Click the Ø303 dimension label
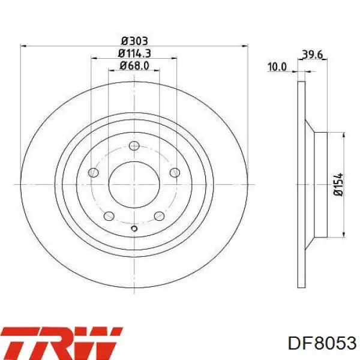tap(134, 41)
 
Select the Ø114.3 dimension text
tap(134, 53)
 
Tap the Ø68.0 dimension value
tap(134, 66)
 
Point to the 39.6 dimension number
tap(313, 55)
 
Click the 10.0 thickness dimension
tap(277, 67)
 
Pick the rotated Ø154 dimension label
tap(338, 184)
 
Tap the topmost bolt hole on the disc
tap(134, 146)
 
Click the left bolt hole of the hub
tap(94, 173)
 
